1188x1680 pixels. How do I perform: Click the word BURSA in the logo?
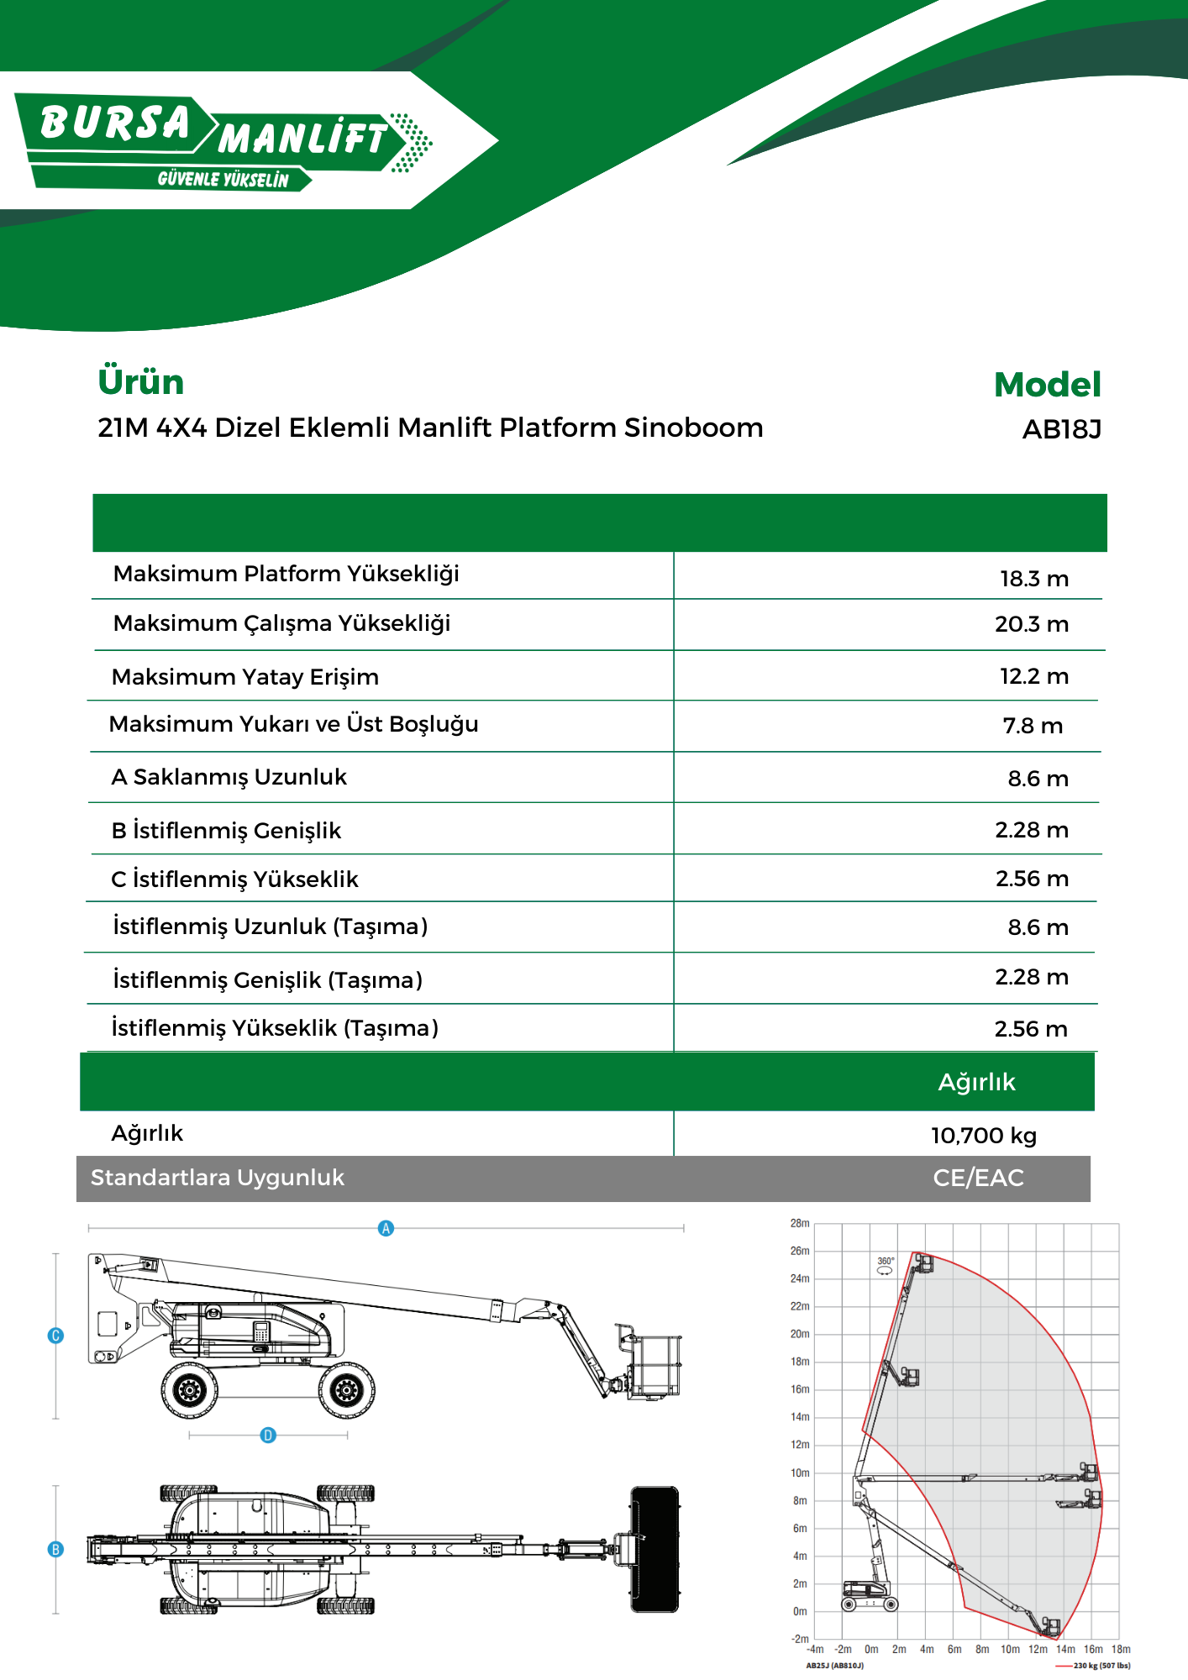115,123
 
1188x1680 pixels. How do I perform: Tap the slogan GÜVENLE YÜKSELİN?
223,180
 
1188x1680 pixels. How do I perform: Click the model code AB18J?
1061,430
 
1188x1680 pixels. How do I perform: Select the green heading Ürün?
140,382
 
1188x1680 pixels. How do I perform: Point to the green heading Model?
1047,385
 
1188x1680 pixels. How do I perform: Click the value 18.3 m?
1033,579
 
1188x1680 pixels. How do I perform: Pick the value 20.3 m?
1031,624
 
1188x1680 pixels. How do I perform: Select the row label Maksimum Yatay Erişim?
244,677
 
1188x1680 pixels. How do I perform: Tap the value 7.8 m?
1033,726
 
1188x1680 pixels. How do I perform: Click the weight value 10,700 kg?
983,1136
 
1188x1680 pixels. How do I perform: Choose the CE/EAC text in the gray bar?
978,1178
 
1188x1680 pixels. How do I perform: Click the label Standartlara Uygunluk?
217,1178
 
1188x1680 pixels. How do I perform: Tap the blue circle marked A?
386,1228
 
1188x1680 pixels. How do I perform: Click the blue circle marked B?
55,1550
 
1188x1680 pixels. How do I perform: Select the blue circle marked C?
55,1336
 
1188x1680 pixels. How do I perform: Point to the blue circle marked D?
268,1436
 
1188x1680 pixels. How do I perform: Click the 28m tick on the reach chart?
800,1223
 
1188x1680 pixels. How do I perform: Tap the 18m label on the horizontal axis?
1121,1649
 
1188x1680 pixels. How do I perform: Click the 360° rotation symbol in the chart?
886,1266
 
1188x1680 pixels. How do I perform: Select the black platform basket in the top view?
654,1550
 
